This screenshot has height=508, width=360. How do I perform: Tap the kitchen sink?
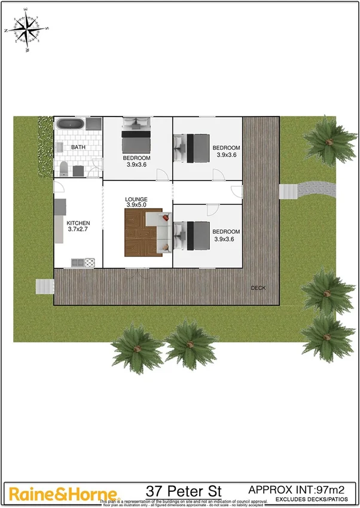coord(77,262)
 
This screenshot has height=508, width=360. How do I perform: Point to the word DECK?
coord(258,288)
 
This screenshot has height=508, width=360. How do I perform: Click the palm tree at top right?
coord(328,140)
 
